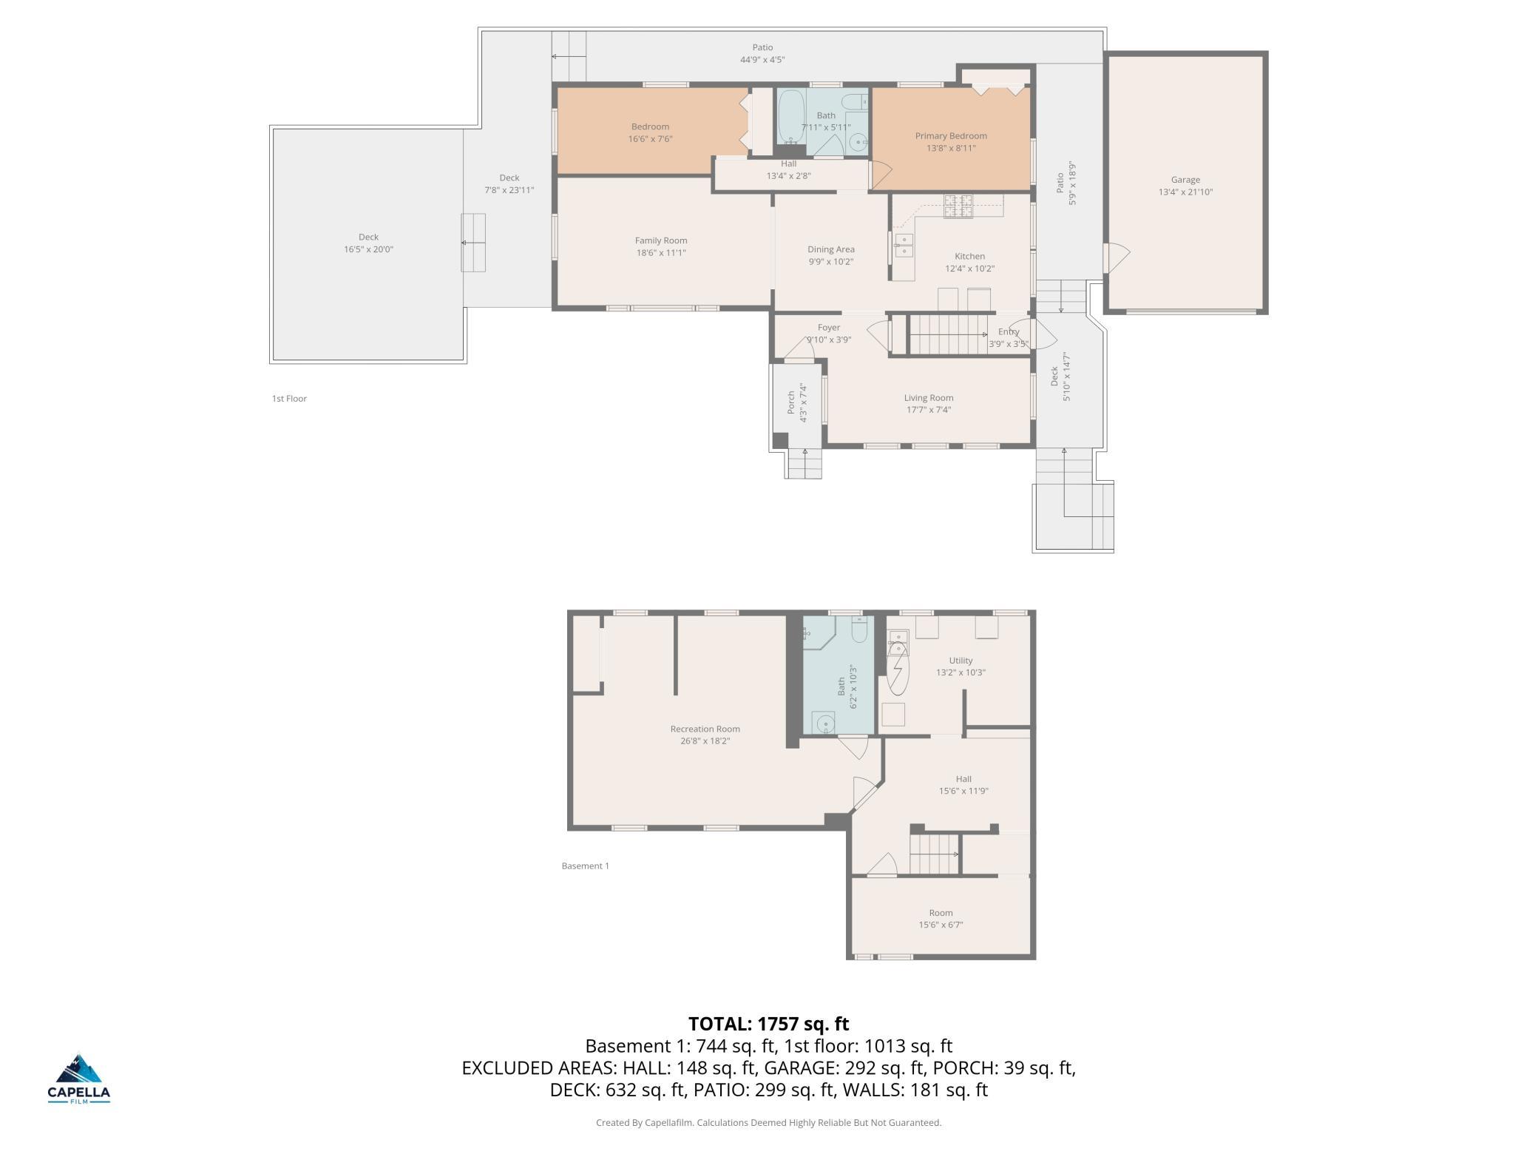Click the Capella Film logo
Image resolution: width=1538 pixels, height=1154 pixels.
point(78,1079)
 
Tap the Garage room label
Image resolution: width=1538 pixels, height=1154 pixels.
point(1185,180)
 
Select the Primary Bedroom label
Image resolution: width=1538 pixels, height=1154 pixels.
point(951,136)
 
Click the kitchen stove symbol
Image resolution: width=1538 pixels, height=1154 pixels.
point(958,206)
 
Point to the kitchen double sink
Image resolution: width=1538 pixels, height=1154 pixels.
point(903,245)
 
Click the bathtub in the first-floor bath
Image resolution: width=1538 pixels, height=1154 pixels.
point(790,118)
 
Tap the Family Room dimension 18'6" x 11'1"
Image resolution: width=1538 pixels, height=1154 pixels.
point(661,253)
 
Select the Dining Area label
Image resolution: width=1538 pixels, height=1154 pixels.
point(831,249)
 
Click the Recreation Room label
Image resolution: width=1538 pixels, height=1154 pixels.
point(705,729)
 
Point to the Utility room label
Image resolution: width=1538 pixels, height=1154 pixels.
point(961,661)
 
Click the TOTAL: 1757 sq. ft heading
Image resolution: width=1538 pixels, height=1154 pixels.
point(769,1024)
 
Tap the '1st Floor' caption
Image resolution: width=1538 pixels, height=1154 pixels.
point(289,399)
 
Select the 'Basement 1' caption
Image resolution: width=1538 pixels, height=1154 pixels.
point(586,865)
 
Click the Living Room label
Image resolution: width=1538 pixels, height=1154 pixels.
point(929,398)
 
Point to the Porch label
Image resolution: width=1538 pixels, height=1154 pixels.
point(791,402)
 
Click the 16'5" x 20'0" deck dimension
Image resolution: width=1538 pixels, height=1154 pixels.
point(368,249)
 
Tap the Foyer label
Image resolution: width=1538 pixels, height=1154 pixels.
point(829,328)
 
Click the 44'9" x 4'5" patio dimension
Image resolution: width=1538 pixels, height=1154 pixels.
point(762,60)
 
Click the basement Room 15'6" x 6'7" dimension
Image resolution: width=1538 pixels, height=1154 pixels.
point(941,925)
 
